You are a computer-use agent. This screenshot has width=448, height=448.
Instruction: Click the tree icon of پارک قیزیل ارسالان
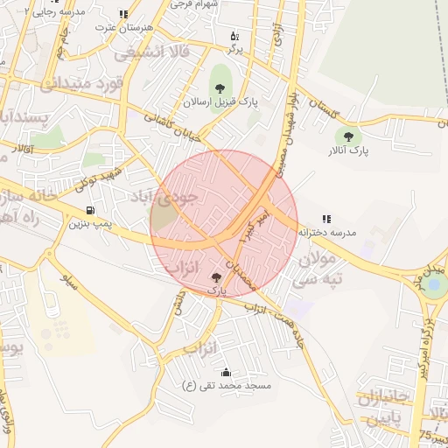click(x=219, y=87)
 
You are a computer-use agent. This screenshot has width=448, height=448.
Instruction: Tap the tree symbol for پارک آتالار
click(x=349, y=136)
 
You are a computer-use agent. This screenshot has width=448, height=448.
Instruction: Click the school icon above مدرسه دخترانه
click(x=326, y=219)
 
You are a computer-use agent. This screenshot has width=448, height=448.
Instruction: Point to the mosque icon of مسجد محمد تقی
click(x=227, y=372)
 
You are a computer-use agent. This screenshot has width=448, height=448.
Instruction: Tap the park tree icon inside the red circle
click(x=216, y=276)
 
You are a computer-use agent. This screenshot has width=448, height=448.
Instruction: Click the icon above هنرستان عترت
click(x=123, y=14)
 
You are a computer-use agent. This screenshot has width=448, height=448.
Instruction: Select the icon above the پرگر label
click(x=234, y=36)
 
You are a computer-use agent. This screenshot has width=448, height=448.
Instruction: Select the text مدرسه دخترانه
click(x=326, y=234)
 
